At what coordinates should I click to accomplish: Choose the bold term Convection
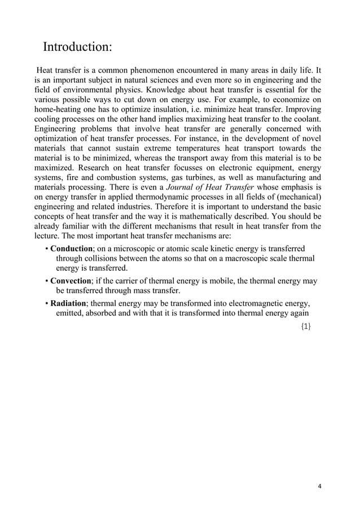(72, 281)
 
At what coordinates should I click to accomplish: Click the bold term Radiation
(68, 304)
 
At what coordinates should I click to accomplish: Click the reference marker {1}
(305, 327)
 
